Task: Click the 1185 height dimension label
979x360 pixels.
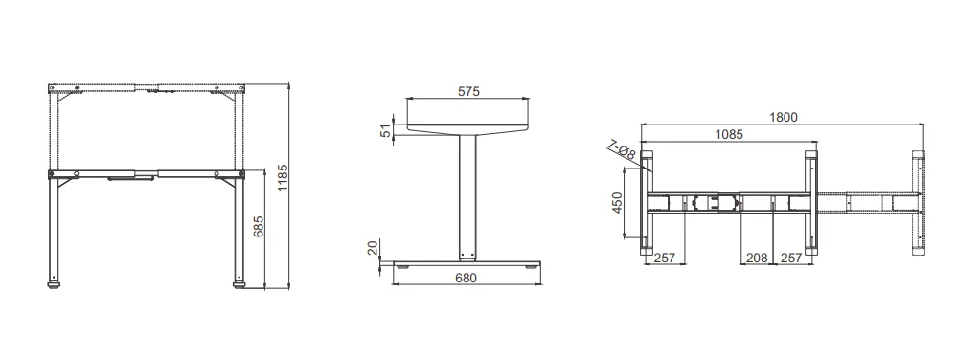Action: click(283, 178)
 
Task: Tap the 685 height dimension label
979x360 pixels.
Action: click(259, 227)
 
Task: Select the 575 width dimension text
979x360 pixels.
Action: click(468, 91)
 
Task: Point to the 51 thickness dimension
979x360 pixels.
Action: click(386, 130)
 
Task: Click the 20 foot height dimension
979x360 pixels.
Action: click(374, 248)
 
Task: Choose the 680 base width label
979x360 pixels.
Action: click(466, 278)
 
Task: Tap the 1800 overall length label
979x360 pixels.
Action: click(783, 118)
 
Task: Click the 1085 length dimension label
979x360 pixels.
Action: click(728, 134)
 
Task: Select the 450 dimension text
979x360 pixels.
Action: click(617, 203)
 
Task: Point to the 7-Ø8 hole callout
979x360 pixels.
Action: click(622, 150)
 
